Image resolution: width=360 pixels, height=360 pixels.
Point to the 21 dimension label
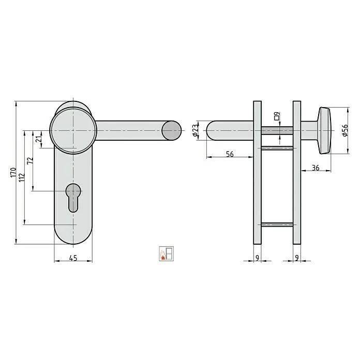(38, 139)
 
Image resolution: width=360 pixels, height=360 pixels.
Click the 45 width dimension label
(73, 259)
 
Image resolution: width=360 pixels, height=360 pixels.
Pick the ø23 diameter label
(196, 130)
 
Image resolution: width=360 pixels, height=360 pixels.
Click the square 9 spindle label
(278, 116)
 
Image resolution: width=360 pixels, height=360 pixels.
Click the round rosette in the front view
(73, 130)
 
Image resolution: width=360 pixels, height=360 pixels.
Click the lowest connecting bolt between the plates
(277, 224)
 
